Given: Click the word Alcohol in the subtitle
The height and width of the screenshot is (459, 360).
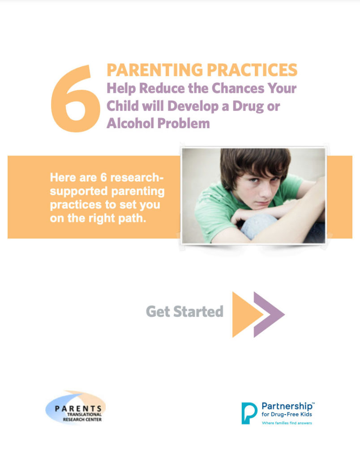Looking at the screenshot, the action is [x=130, y=123].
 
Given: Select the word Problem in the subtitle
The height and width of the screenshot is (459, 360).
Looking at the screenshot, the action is [x=184, y=123].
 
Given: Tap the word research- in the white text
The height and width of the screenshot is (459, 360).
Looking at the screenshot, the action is [x=137, y=178].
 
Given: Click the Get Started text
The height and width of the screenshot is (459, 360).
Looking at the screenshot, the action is [x=184, y=312].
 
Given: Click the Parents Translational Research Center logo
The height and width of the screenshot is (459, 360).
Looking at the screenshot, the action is [x=76, y=407].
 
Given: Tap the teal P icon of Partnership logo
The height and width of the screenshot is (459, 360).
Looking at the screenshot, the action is [x=249, y=413].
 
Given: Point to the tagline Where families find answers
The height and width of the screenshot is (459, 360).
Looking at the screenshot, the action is [x=287, y=423].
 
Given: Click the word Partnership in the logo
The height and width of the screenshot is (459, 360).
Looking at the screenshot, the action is [x=287, y=406].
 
